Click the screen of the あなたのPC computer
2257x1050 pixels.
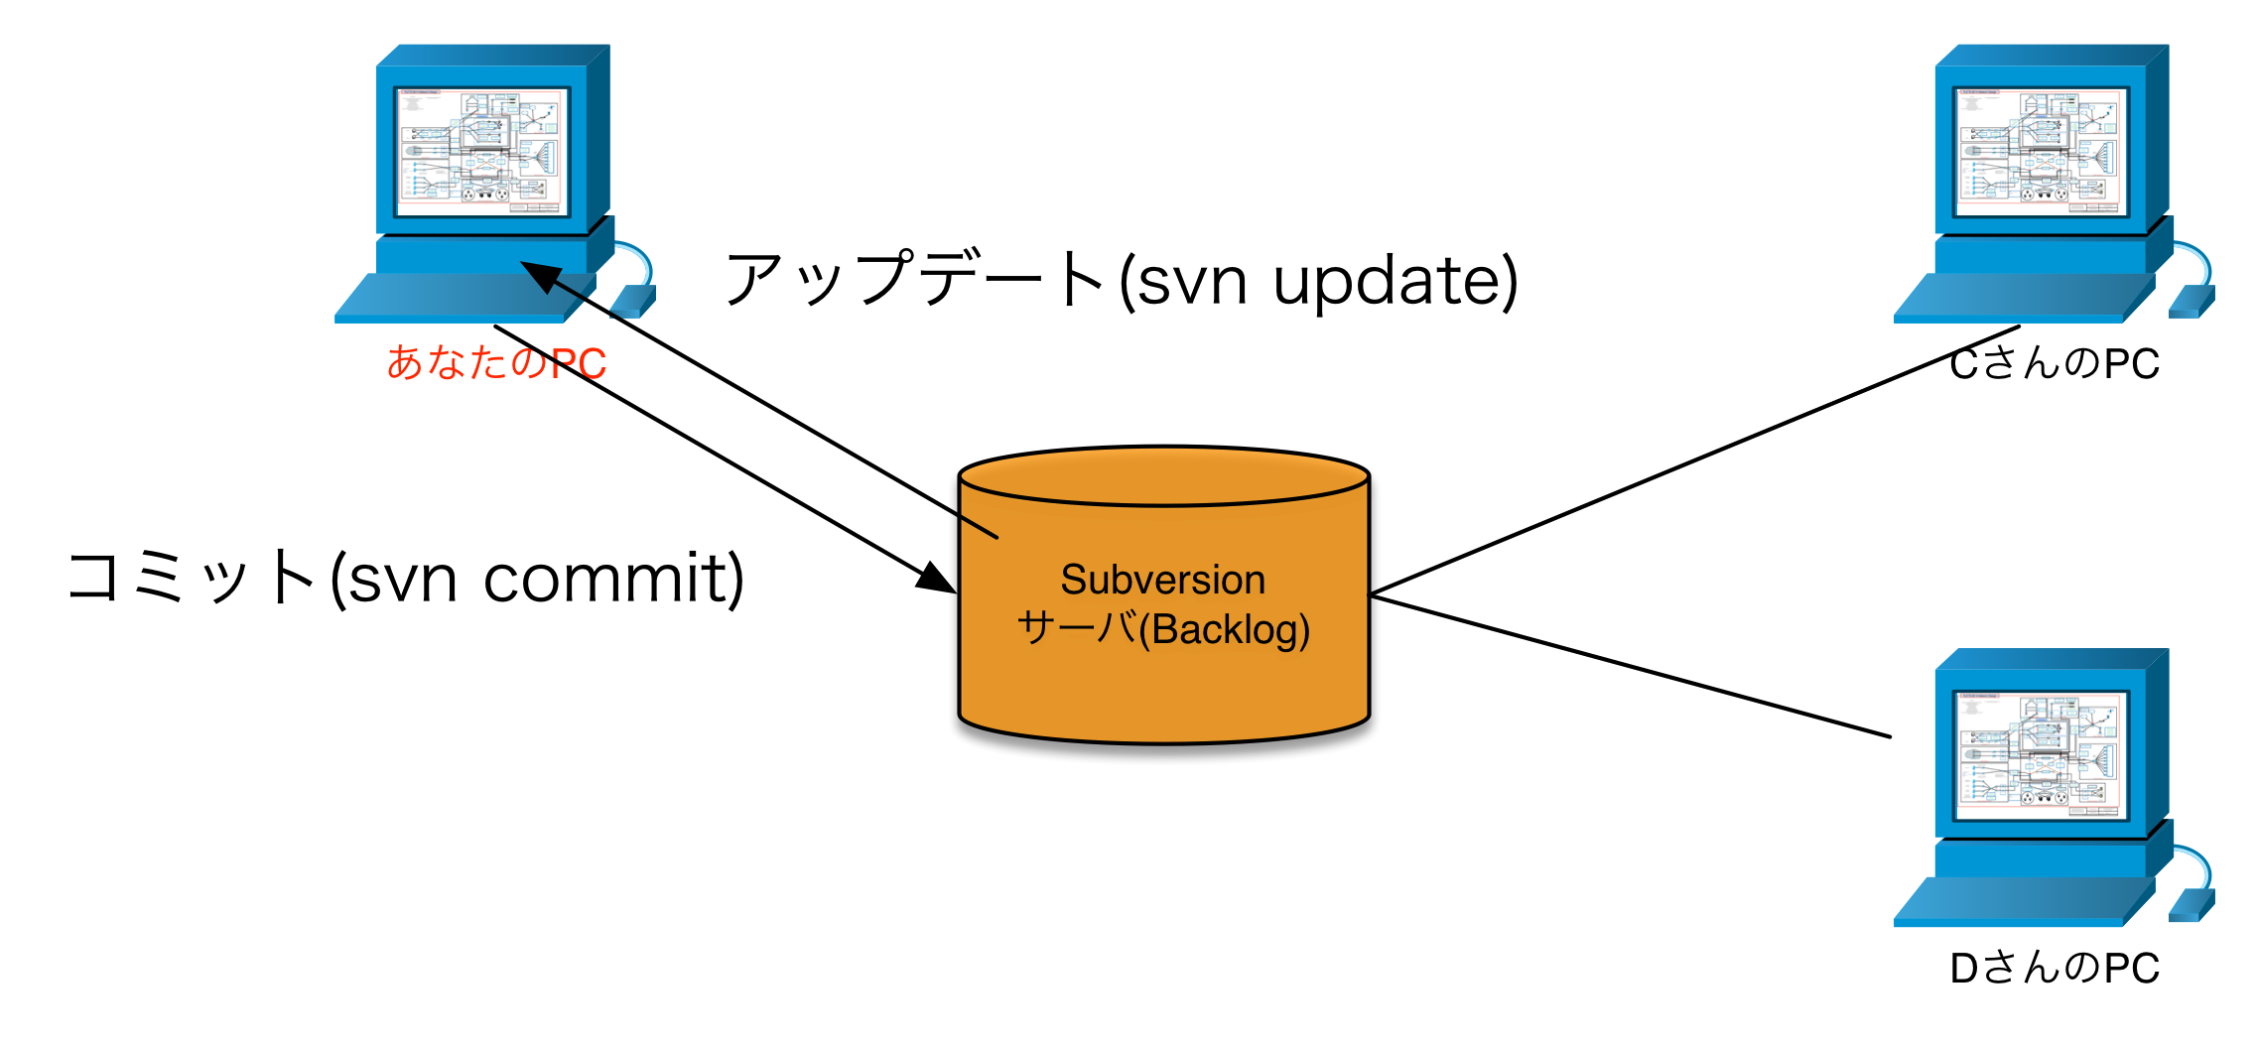point(482,151)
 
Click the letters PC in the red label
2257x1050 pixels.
point(578,364)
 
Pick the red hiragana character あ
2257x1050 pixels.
point(405,363)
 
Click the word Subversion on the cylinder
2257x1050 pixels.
point(1162,580)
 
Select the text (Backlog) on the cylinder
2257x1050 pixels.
point(1225,630)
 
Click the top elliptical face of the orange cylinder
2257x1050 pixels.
point(1164,477)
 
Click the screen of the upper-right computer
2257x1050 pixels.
point(2041,151)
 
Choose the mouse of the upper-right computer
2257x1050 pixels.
point(2191,301)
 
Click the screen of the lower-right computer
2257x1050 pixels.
point(2041,755)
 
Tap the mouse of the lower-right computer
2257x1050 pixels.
point(2191,905)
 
